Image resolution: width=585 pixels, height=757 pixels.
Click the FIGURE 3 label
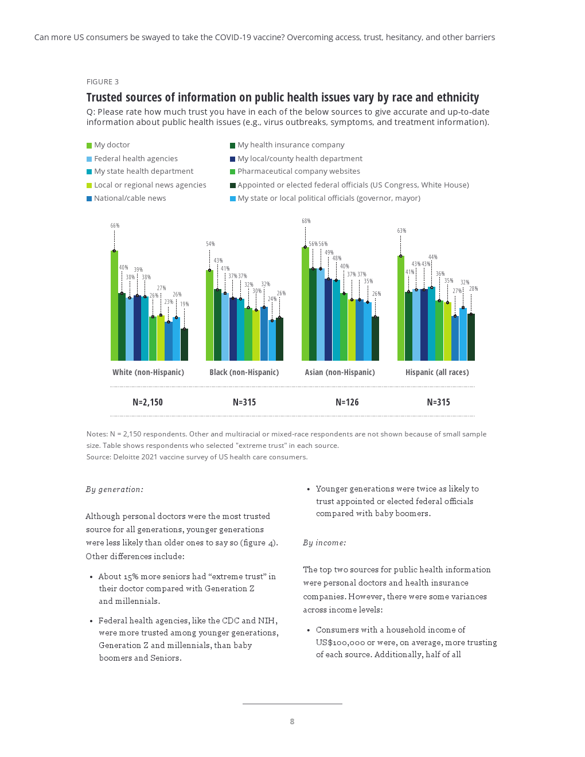tap(103, 82)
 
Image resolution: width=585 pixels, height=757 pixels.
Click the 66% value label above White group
tap(115, 226)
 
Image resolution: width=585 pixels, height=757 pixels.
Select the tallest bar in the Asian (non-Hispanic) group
tap(305, 304)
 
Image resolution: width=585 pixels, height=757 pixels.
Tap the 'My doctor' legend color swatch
tap(89, 146)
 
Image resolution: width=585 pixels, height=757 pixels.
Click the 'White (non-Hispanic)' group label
tap(148, 372)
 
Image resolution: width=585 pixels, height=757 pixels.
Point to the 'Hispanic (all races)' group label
tap(437, 372)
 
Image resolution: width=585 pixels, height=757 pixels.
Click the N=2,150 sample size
tap(147, 403)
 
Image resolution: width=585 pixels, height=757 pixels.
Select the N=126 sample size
tap(347, 403)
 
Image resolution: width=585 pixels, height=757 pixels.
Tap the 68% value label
tap(306, 221)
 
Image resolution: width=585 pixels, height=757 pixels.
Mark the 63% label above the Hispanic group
tap(401, 231)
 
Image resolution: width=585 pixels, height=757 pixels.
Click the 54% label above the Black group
tap(210, 244)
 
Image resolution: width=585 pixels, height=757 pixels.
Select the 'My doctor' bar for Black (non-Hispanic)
tap(209, 315)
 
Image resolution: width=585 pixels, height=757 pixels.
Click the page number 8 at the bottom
tap(292, 721)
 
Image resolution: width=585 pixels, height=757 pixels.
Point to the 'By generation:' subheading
tap(115, 490)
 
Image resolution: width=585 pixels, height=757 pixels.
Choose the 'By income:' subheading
tap(325, 543)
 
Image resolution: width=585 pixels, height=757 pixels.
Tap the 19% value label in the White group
tap(184, 305)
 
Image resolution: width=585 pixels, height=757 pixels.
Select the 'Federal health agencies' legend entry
tap(135, 159)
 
